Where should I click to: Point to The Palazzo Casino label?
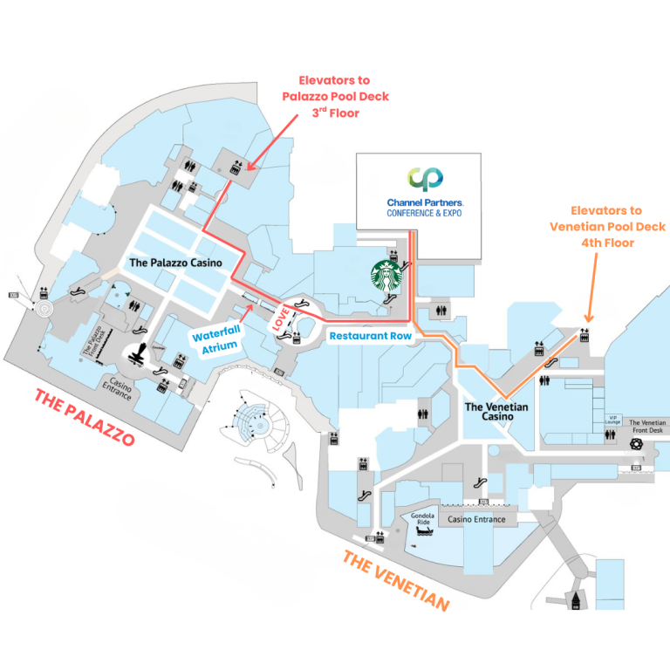click(x=175, y=262)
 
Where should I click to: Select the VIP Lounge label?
click(x=612, y=421)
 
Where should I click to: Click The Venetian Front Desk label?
click(x=646, y=427)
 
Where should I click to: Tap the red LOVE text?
click(x=282, y=317)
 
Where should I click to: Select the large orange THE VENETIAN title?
click(x=396, y=581)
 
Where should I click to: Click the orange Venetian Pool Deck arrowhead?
click(x=587, y=322)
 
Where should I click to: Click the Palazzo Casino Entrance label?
click(x=116, y=389)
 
